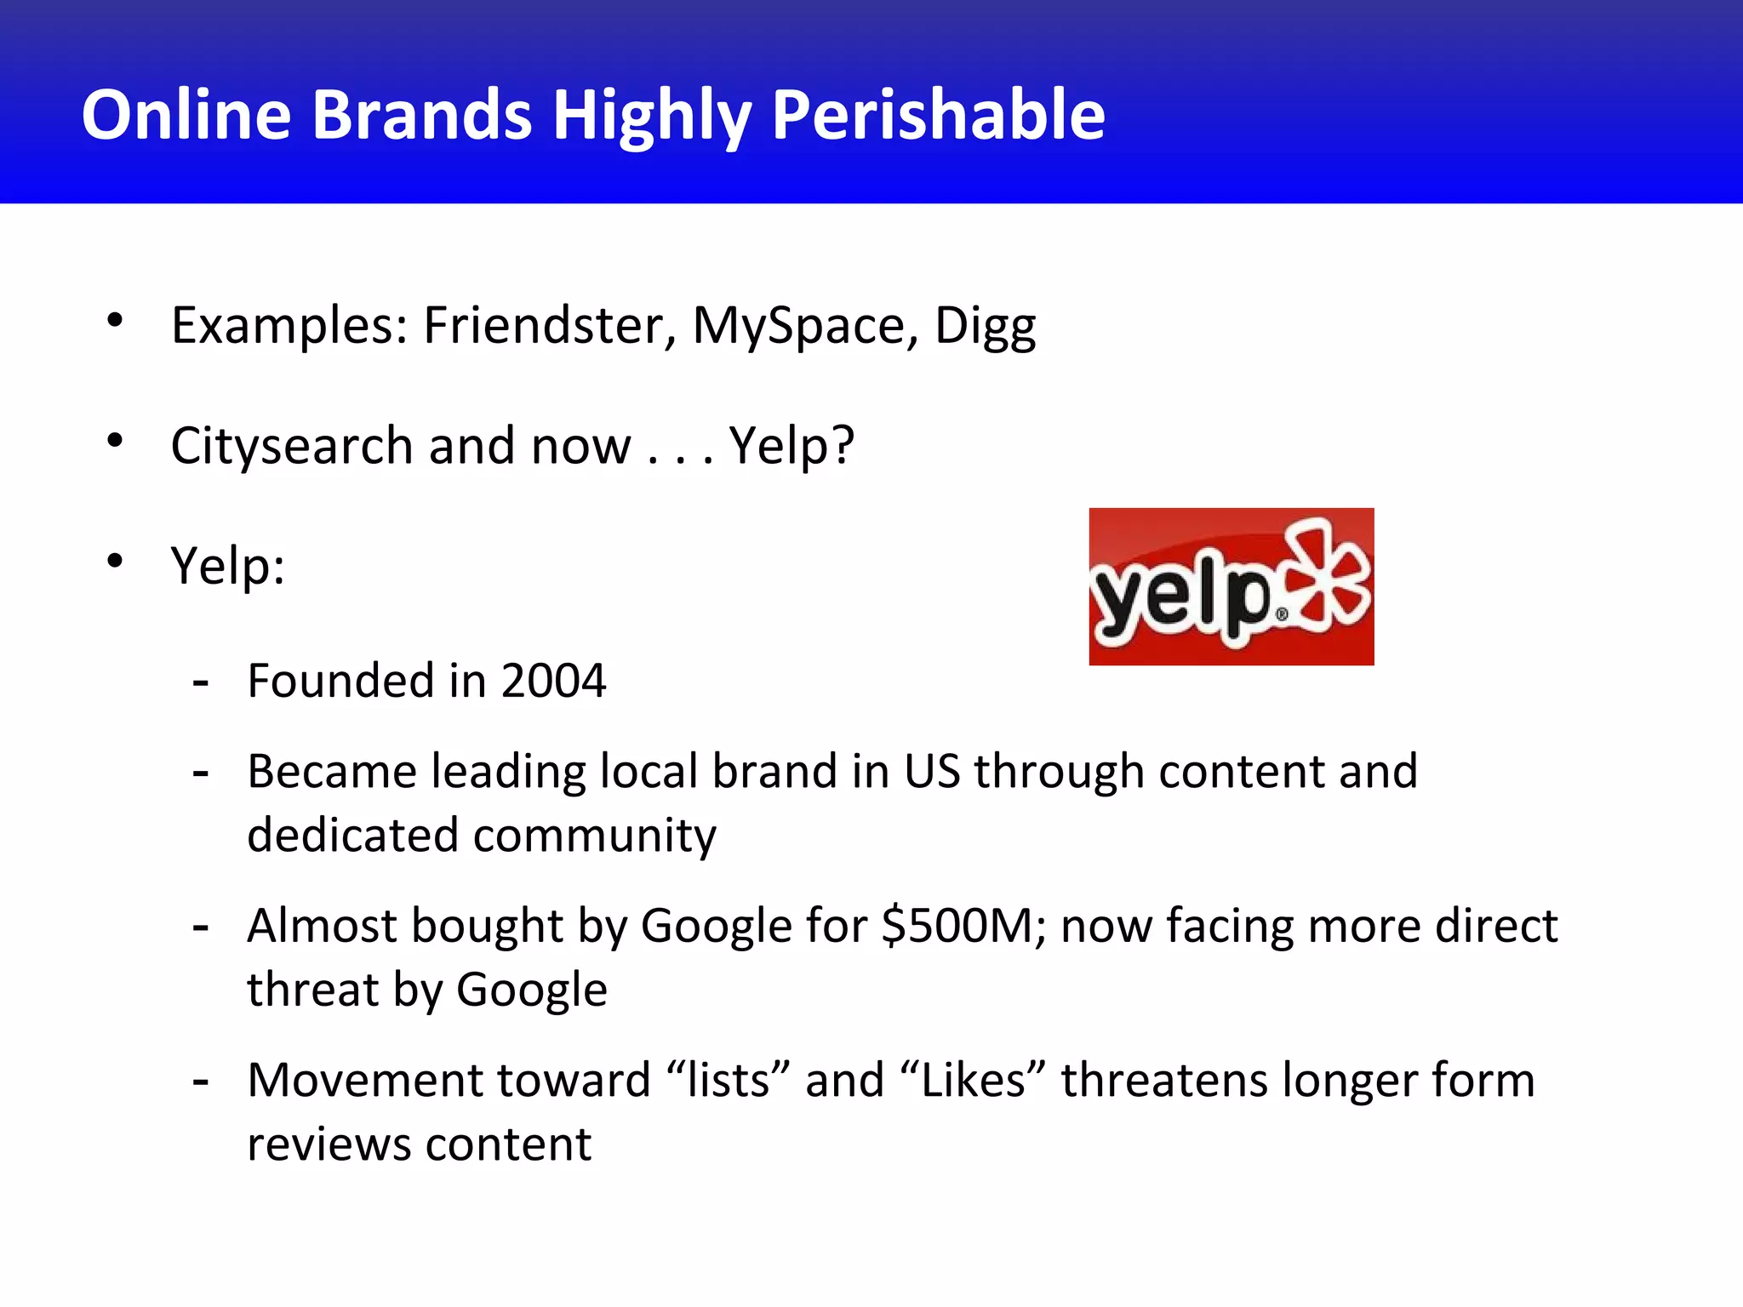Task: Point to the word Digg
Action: [x=985, y=327]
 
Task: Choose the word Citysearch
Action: [x=292, y=446]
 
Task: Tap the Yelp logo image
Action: [x=1231, y=586]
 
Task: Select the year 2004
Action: [x=553, y=681]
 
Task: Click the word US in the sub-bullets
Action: [x=931, y=771]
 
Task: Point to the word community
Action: [x=594, y=836]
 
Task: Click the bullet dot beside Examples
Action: [x=115, y=321]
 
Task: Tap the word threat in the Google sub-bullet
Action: [x=312, y=990]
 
